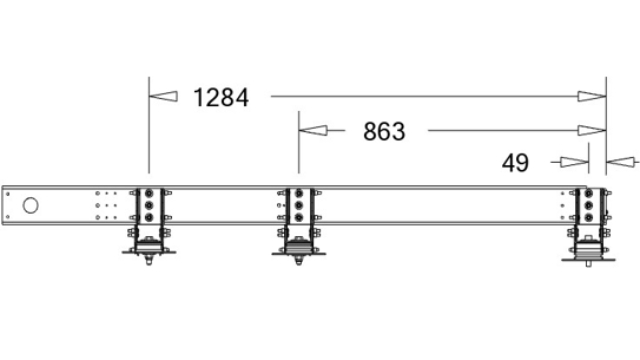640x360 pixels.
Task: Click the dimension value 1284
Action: (x=221, y=98)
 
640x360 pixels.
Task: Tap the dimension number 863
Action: (x=384, y=131)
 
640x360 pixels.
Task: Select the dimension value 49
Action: (x=515, y=163)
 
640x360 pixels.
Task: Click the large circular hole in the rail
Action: (x=31, y=205)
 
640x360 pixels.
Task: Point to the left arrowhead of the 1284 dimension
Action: (x=163, y=96)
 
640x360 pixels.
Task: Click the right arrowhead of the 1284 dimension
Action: (x=592, y=96)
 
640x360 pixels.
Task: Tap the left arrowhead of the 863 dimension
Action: (x=313, y=131)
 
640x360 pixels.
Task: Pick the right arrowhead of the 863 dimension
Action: (x=592, y=131)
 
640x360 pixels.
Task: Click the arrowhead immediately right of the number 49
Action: (x=574, y=162)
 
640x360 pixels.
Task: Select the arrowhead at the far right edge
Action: (x=621, y=162)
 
